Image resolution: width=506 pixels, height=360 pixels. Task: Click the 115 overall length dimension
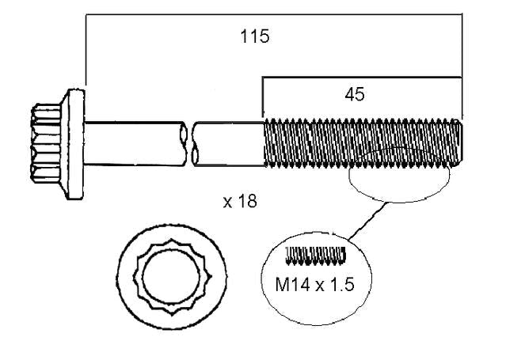coord(255,36)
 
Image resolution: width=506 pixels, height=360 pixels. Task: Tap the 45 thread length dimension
coord(355,94)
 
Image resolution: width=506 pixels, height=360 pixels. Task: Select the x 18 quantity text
coord(240,202)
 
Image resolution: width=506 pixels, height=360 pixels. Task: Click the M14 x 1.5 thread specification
coord(314,285)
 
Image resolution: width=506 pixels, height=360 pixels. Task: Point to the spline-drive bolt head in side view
coord(46,143)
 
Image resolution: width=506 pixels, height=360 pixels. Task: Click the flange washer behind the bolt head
coord(74,144)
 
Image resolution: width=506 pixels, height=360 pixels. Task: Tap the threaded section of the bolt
coord(363,142)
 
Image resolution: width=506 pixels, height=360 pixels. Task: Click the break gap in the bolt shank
coord(190,143)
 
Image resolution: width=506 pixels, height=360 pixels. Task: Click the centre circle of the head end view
coord(171,276)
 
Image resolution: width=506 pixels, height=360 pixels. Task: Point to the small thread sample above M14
coord(315,256)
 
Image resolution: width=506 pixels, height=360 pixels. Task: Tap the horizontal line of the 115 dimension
coord(274,14)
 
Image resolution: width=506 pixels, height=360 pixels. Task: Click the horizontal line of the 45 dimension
coord(362,78)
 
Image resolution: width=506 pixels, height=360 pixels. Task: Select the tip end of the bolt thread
coord(460,142)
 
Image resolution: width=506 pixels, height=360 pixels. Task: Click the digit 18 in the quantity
coord(248,202)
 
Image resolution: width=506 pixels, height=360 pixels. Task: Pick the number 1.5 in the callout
coord(342,285)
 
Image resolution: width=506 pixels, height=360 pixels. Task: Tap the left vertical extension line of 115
coord(86,49)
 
